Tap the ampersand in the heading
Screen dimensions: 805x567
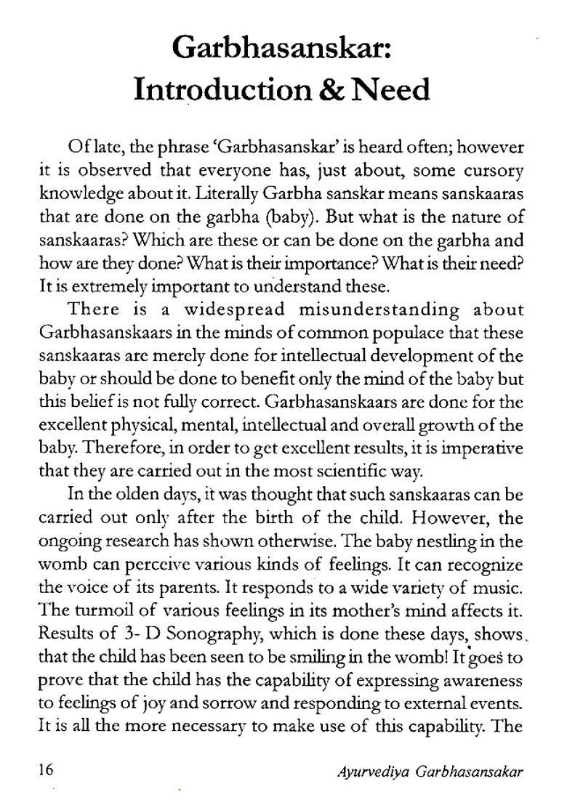[323, 90]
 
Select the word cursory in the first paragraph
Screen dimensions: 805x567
[489, 171]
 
